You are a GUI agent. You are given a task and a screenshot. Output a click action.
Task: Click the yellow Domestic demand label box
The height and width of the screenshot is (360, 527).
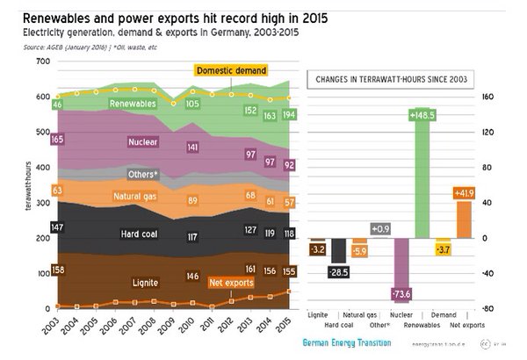[231, 70]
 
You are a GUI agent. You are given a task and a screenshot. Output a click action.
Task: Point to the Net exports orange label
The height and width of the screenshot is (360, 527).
[231, 283]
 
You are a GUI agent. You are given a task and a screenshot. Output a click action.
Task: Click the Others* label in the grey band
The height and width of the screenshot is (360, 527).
[143, 175]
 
